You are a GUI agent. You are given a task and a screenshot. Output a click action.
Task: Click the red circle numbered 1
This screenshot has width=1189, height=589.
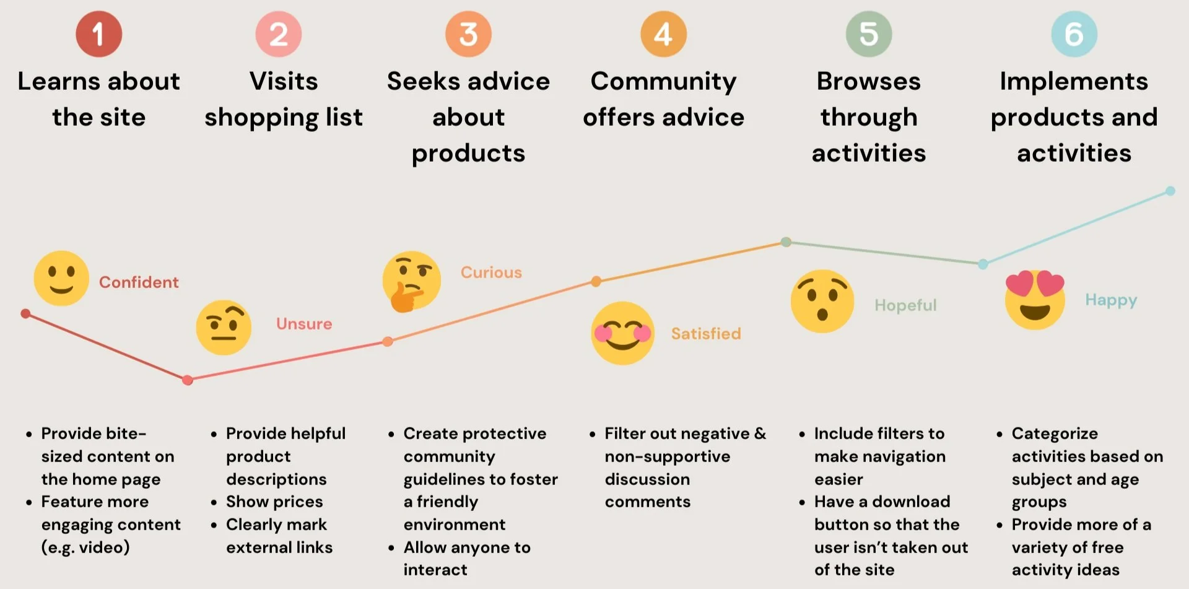(x=98, y=34)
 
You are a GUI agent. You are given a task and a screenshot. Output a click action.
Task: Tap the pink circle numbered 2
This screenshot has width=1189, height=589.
(x=279, y=34)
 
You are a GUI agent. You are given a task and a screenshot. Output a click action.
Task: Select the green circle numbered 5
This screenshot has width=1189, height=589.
(x=869, y=34)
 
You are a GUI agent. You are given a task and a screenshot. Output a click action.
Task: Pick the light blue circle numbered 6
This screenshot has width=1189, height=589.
(x=1074, y=34)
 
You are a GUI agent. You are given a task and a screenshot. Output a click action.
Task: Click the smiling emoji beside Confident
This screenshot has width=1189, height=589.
(x=61, y=278)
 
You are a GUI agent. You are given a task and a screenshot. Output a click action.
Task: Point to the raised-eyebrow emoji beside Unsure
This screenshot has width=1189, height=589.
(x=224, y=327)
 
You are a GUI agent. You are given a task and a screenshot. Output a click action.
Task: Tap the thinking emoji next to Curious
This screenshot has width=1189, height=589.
(x=411, y=281)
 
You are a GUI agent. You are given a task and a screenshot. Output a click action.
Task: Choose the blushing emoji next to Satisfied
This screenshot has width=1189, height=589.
(x=622, y=333)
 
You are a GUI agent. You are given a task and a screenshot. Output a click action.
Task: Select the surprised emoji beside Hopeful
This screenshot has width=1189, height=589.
(x=822, y=301)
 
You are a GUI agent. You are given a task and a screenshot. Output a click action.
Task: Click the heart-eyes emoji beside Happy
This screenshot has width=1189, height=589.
(x=1035, y=300)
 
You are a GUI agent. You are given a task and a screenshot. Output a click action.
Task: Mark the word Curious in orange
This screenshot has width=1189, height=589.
(x=491, y=273)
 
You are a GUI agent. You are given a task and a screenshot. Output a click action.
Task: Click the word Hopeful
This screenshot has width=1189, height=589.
(x=905, y=305)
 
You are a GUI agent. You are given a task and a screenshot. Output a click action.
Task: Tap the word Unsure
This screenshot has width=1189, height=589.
(x=304, y=324)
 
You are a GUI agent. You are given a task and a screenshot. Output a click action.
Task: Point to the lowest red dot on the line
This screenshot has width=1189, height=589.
(x=188, y=380)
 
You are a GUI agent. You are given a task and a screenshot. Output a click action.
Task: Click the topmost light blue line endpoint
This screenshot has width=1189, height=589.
(x=1170, y=191)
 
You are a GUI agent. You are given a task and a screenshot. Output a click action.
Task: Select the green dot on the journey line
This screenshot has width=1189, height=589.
(x=786, y=242)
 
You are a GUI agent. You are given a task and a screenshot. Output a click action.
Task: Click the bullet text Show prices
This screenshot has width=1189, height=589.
(x=274, y=502)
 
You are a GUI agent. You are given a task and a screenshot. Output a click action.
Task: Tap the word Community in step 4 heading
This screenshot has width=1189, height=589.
(x=663, y=81)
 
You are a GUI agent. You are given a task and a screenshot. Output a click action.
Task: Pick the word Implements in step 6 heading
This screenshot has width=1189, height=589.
(x=1074, y=81)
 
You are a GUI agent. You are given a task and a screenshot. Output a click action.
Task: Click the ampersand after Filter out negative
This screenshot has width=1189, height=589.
(x=760, y=434)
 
